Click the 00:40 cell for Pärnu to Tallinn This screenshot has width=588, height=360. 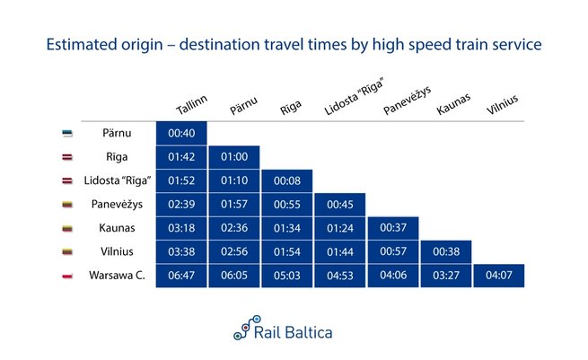tap(181, 133)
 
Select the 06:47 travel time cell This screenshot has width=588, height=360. tap(181, 276)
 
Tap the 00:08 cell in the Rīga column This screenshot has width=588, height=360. tap(287, 180)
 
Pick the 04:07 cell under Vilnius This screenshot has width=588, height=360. tap(499, 276)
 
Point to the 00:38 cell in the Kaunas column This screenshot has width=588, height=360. tap(446, 251)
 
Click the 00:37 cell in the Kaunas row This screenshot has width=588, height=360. tap(393, 228)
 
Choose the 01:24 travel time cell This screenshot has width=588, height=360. tap(340, 228)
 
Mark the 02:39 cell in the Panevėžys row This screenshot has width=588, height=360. tap(181, 205)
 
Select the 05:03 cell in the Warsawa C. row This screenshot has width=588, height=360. tap(287, 276)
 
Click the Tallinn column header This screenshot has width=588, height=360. tap(191, 105)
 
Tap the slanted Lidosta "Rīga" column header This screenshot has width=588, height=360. tap(355, 96)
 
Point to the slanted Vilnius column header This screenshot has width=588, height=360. tap(502, 104)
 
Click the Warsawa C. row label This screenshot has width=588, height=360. tap(117, 276)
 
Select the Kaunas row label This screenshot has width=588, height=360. tap(117, 228)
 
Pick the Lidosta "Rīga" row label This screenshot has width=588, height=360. tap(118, 180)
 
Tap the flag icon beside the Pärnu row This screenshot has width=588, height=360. tap(67, 134)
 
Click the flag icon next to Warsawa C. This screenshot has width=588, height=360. tap(67, 277)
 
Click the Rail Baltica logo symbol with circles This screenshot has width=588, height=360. tap(247, 328)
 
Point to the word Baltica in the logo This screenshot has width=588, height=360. tap(308, 333)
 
